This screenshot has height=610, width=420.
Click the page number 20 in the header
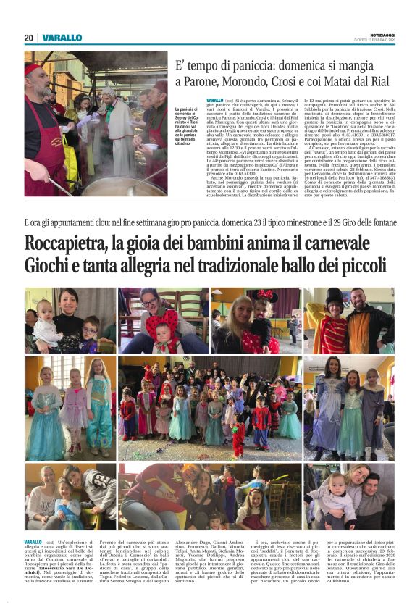tap(29, 38)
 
